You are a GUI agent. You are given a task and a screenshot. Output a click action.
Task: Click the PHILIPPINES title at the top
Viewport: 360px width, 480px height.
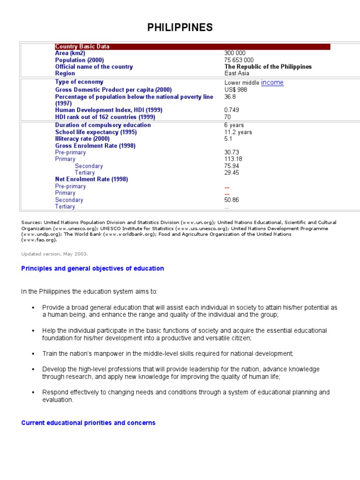(x=180, y=28)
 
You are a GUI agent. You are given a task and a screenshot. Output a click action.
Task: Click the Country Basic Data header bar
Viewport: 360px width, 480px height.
(x=192, y=46)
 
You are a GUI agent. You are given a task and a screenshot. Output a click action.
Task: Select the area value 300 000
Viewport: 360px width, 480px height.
(x=235, y=53)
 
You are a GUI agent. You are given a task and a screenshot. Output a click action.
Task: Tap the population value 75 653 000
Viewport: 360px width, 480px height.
(x=239, y=60)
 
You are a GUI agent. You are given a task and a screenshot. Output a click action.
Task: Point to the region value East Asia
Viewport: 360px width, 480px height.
(x=237, y=74)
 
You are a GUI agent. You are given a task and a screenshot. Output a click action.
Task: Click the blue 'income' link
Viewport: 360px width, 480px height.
(x=272, y=82)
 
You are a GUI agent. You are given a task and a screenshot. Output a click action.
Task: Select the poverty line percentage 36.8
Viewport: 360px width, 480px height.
(x=230, y=97)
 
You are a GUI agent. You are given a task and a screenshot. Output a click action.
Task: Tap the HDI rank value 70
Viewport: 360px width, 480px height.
(x=228, y=117)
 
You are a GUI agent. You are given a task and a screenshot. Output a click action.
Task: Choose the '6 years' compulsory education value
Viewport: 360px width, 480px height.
(x=234, y=125)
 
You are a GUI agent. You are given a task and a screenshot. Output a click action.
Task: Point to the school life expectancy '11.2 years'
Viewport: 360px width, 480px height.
(x=238, y=132)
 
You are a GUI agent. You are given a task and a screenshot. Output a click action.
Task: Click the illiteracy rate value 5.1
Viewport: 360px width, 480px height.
(x=228, y=139)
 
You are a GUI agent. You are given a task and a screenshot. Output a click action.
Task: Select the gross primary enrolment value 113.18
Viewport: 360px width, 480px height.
(x=233, y=159)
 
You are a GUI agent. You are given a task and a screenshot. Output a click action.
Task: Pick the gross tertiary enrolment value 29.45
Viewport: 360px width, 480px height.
(x=232, y=172)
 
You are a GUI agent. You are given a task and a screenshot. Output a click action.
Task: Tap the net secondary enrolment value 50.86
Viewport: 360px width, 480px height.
(x=232, y=200)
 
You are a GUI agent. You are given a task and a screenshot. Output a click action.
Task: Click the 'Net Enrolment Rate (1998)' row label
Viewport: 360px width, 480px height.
(x=91, y=179)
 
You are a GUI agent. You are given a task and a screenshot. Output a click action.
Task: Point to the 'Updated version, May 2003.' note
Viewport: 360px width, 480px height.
(x=54, y=254)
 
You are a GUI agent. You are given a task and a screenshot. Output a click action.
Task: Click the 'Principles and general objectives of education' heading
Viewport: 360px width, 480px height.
(x=93, y=269)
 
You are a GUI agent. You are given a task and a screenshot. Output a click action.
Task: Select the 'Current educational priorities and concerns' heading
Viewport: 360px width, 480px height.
(x=88, y=423)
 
